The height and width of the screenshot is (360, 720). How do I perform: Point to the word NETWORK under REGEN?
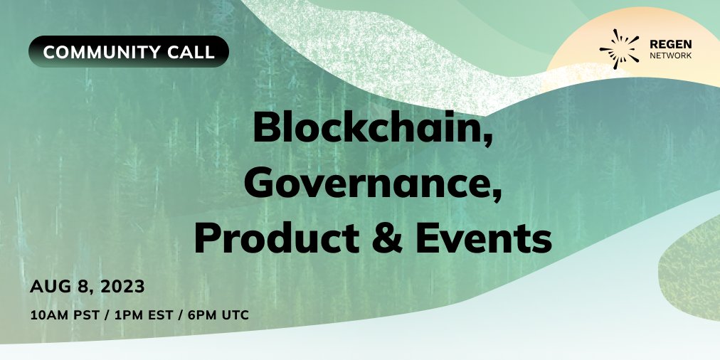pyautogui.click(x=670, y=55)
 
